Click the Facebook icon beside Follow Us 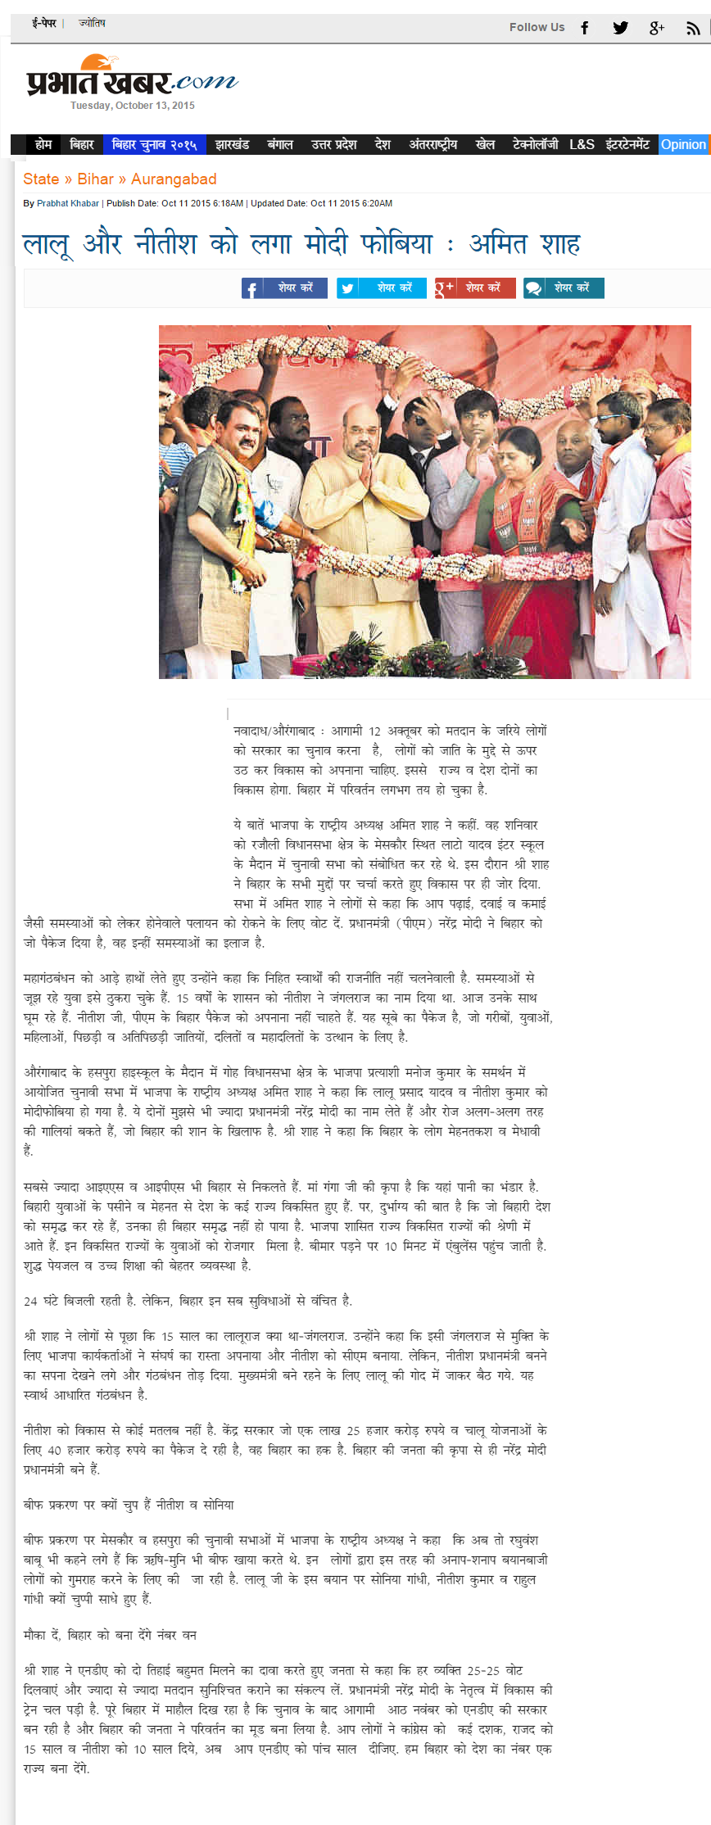tap(585, 28)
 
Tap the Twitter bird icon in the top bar tap(620, 28)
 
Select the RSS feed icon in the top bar tap(693, 28)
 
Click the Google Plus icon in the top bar tap(656, 28)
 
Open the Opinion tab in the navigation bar tap(683, 144)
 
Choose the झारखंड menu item tap(232, 144)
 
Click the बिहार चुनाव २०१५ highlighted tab tap(154, 144)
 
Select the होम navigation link tap(43, 144)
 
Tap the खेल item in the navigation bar tap(485, 144)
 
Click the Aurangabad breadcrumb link tap(174, 179)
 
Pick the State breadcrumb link tap(41, 179)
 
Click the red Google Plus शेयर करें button tap(475, 288)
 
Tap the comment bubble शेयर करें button tap(564, 288)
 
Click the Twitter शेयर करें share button tap(381, 288)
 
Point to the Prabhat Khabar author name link tap(68, 203)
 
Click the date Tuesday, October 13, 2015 tap(132, 106)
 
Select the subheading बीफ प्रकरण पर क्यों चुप tap(129, 1505)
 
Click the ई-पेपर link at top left tap(44, 24)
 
